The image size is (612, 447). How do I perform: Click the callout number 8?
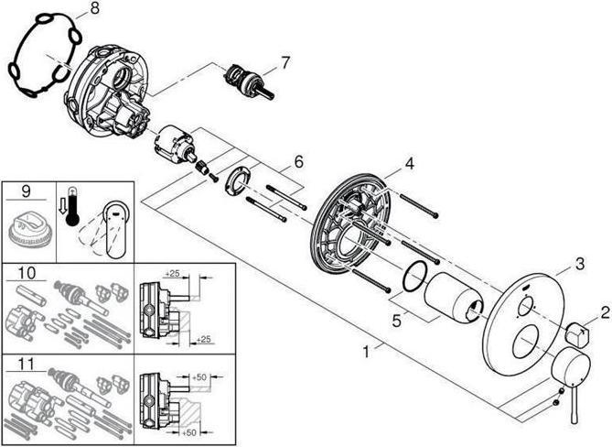point(94,9)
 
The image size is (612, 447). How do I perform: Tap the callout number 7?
point(285,62)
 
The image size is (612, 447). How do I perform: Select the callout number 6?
point(298,161)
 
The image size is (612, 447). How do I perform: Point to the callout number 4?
point(409,163)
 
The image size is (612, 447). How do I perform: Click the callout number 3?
point(580,264)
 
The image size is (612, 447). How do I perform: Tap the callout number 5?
point(396,322)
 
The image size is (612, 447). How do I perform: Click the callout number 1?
point(366,352)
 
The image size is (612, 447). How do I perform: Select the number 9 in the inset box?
point(26,191)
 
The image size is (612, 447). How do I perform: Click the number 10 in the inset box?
point(27,273)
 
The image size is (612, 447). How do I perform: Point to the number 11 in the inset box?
point(27,365)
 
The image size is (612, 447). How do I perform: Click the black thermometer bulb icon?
point(72,220)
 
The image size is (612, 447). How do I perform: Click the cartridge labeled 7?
point(249,82)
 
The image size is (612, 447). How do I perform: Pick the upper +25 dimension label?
point(172,274)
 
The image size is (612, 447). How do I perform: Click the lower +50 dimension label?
point(188,432)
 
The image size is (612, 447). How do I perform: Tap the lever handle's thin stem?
point(574,405)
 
